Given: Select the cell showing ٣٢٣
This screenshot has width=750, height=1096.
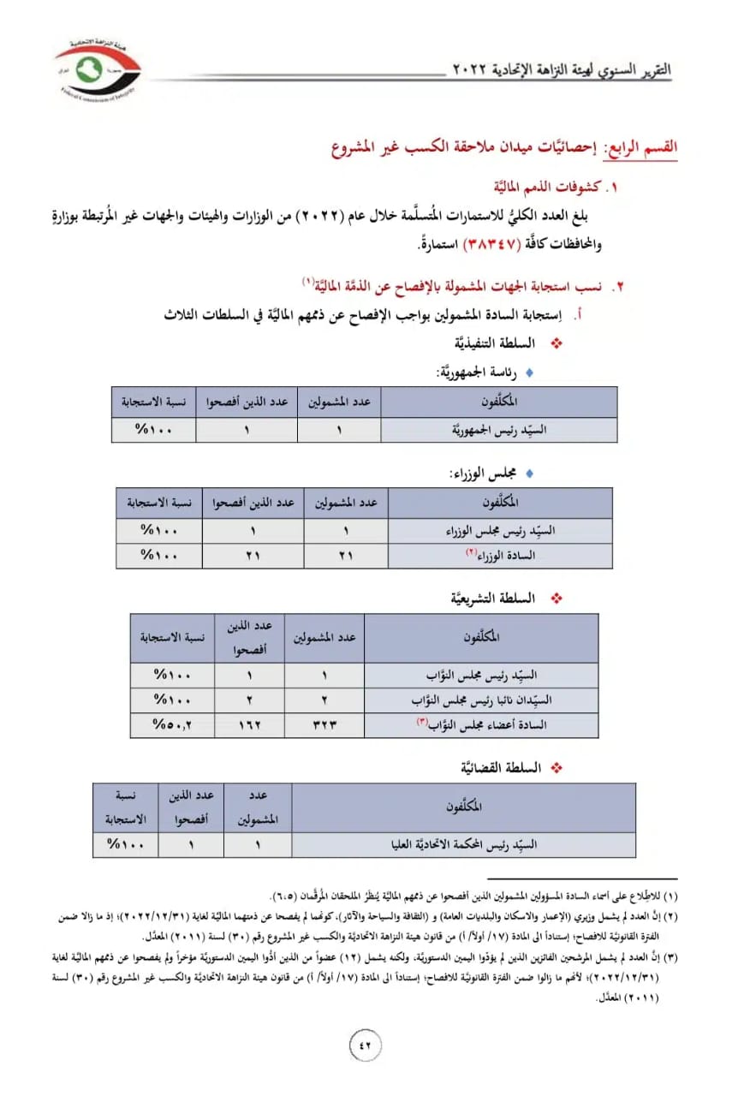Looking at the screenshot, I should coord(324,724).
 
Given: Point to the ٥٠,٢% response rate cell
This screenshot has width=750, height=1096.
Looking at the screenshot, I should coord(172,724).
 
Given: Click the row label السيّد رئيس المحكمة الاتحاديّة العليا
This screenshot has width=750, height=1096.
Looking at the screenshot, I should coord(463,844).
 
